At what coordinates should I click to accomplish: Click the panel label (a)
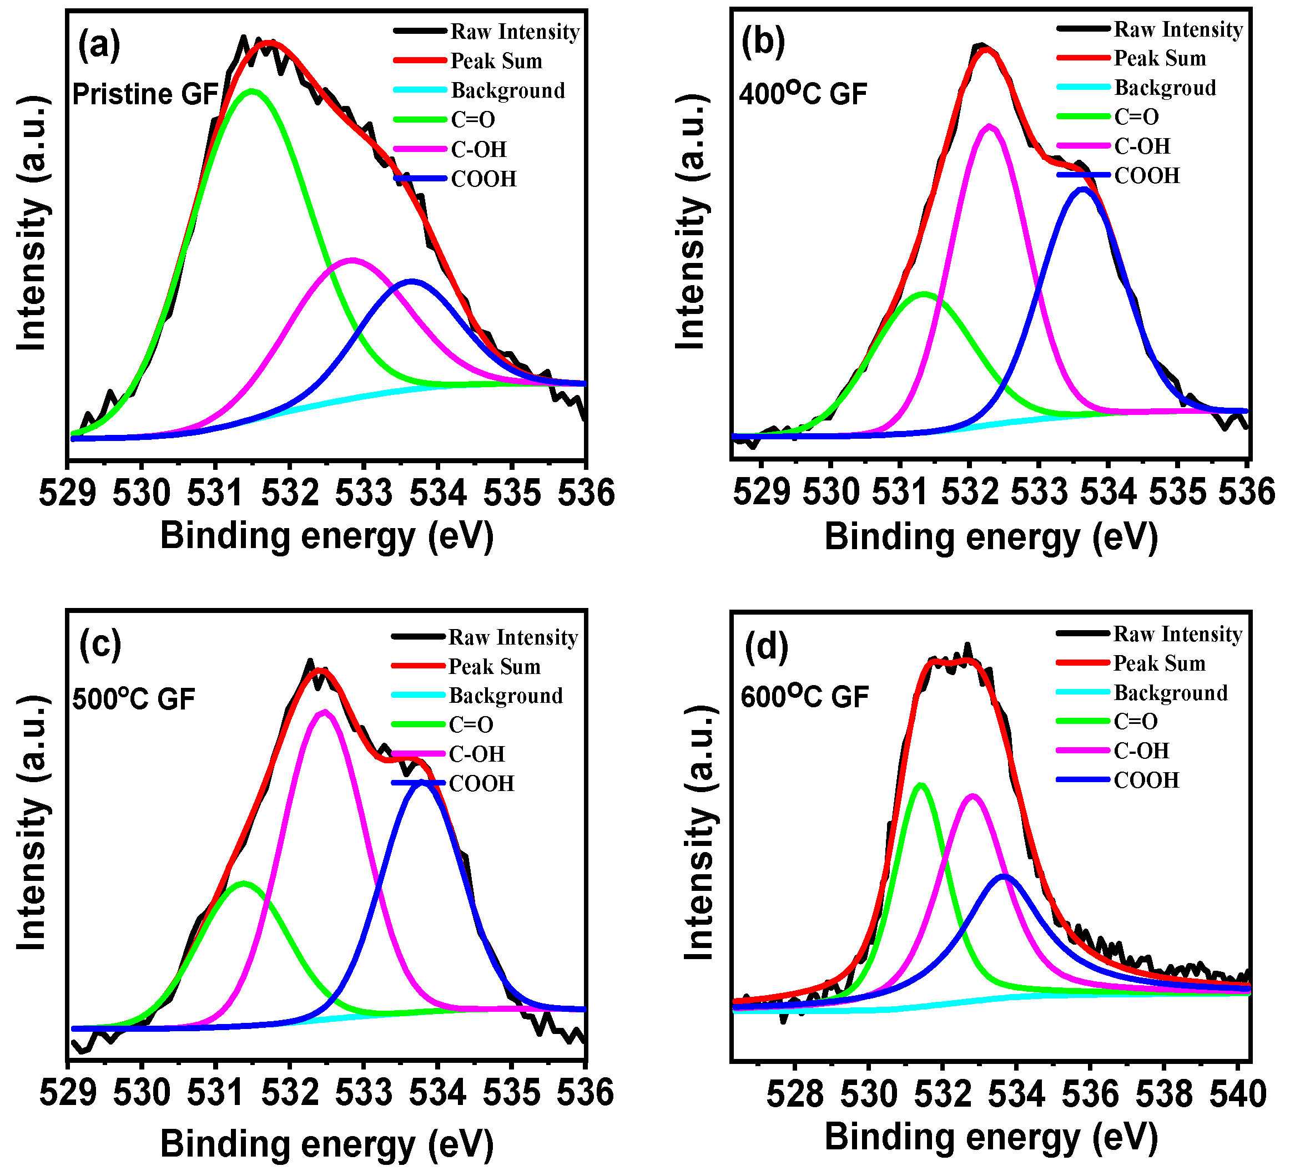99,46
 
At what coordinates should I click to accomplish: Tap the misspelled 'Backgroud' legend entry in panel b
1165,88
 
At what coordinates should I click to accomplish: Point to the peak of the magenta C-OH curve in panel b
989,126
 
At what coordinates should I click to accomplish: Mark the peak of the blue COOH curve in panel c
422,782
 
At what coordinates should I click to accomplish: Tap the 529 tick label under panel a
67,493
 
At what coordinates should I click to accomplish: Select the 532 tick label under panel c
289,1092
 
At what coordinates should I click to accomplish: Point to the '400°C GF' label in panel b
803,94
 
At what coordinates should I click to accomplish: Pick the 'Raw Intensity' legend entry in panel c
512,637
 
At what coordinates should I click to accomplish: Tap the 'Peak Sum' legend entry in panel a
496,61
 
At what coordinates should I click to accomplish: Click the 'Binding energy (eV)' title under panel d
990,1137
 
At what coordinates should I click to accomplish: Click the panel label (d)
766,647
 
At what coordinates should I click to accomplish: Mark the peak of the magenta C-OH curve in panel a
352,260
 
